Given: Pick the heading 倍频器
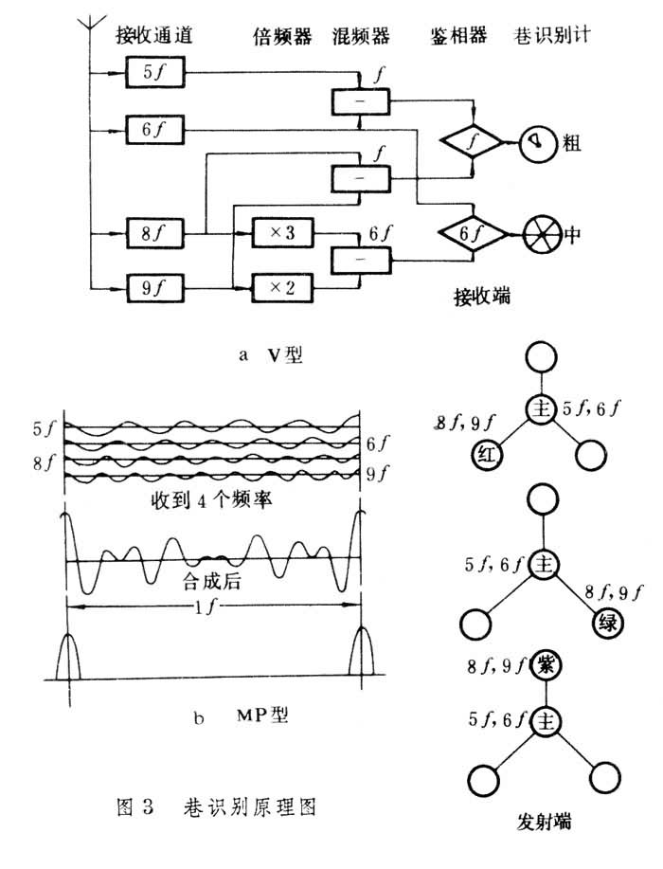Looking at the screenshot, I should point(277,36).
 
